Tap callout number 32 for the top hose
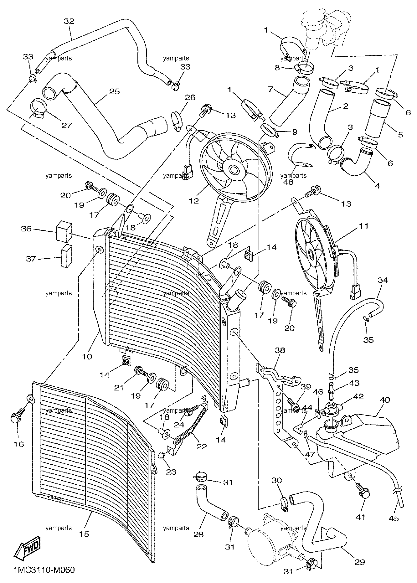[69, 21]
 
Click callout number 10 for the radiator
[87, 356]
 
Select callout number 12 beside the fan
[194, 200]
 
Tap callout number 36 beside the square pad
[27, 229]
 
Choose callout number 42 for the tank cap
[358, 396]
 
